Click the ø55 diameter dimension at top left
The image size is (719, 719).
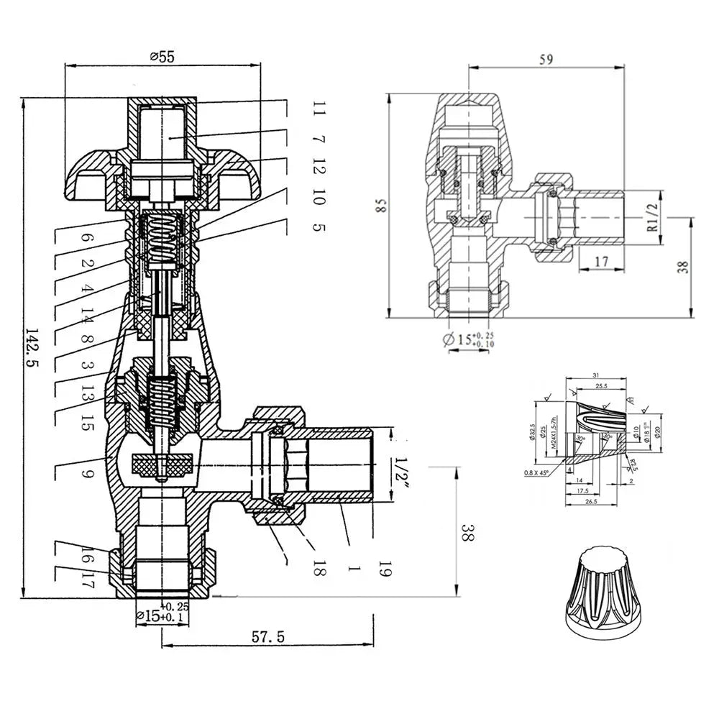point(162,58)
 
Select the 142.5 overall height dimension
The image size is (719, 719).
point(32,349)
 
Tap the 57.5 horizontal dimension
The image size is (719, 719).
point(268,636)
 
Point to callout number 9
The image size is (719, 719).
point(86,475)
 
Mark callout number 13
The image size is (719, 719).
point(87,395)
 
